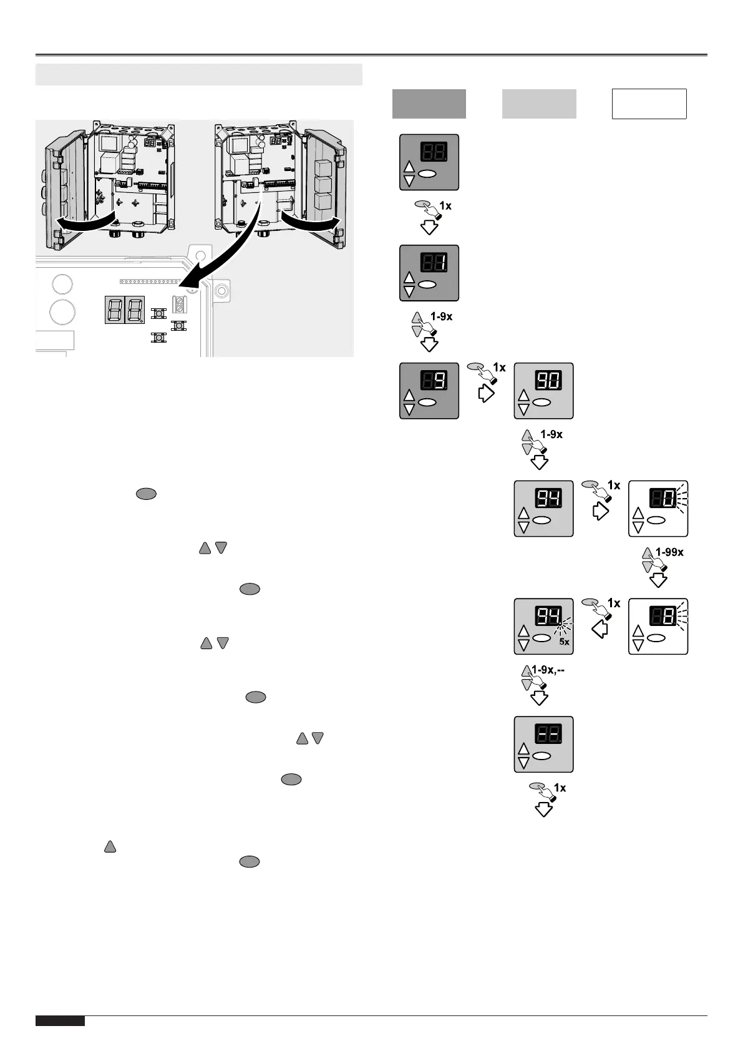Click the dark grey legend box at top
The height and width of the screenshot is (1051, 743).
pos(429,104)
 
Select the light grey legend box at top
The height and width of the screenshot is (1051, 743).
pos(539,104)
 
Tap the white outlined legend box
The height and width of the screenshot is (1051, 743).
pos(649,104)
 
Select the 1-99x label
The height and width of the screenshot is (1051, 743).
pos(669,552)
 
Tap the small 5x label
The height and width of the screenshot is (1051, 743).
pos(565,642)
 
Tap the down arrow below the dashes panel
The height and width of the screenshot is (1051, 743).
pos(544,809)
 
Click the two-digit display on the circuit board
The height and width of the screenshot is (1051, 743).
pos(125,310)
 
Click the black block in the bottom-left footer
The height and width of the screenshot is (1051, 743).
pos(60,1021)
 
